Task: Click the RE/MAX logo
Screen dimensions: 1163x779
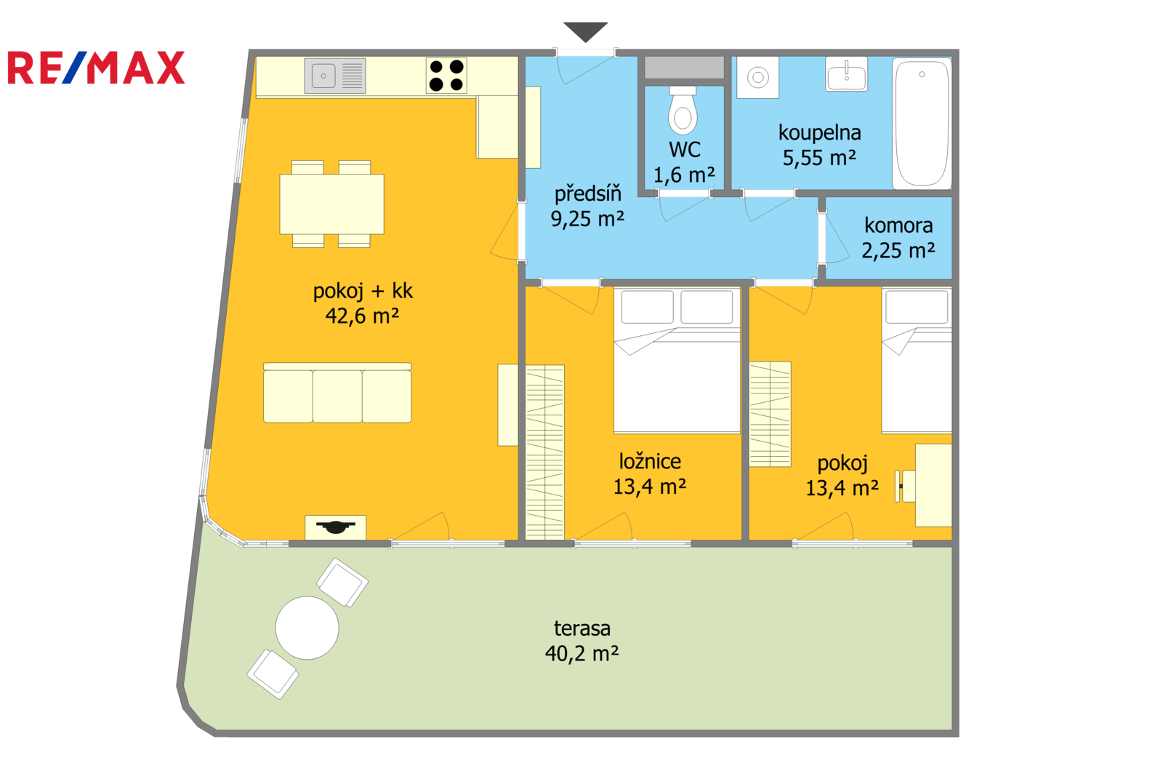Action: pos(96,68)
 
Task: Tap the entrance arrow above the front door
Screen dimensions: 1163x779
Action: pos(586,32)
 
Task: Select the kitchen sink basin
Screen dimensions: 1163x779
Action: pos(323,76)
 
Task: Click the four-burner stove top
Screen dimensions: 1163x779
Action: pos(446,76)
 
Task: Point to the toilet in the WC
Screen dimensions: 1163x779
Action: pos(683,110)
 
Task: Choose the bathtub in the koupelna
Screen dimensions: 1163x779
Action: pos(922,123)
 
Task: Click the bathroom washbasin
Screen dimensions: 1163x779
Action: pos(846,74)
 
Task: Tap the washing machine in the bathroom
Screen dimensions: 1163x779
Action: pos(758,77)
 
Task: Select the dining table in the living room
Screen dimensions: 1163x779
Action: pos(331,204)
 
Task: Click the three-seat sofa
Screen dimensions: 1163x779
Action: pos(337,393)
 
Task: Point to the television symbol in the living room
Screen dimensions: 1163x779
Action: pos(335,527)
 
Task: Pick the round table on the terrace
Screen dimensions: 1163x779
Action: pos(307,628)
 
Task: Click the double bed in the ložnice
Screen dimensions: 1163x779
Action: pos(677,360)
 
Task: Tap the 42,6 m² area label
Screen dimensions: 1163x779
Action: pos(363,316)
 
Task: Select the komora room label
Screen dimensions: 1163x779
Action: pos(898,225)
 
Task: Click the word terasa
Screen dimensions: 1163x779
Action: pos(582,628)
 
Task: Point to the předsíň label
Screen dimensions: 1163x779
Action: pos(588,193)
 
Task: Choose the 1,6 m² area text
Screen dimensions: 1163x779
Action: pos(684,175)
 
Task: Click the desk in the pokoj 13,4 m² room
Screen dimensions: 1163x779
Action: pos(933,485)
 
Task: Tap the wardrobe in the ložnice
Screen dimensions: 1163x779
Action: pos(544,452)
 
